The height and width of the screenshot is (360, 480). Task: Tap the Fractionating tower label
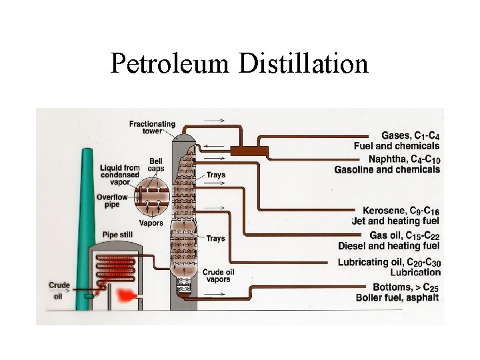tap(152, 127)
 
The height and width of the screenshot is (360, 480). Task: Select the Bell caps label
tap(155, 165)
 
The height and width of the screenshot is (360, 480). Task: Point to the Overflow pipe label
tap(111, 201)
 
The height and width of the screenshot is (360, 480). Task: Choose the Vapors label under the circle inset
tap(151, 223)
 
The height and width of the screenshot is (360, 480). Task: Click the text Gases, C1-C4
tap(410, 136)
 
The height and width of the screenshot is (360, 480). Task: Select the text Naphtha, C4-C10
tap(405, 159)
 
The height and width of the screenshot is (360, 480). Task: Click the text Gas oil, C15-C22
tap(405, 235)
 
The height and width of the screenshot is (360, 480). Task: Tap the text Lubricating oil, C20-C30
tap(389, 262)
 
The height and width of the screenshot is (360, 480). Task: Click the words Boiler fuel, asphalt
tap(397, 297)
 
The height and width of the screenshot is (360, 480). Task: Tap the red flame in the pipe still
tap(124, 295)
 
